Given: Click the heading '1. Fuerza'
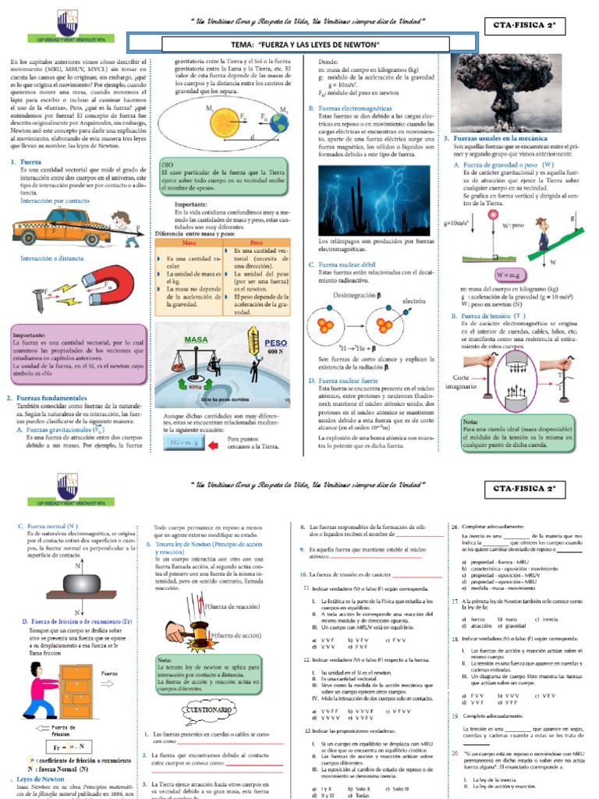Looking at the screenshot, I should click(x=25, y=162).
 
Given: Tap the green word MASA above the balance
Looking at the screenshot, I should click(x=196, y=341).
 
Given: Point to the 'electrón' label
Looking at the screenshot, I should click(x=413, y=300).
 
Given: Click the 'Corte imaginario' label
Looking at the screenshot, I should click(x=468, y=380).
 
